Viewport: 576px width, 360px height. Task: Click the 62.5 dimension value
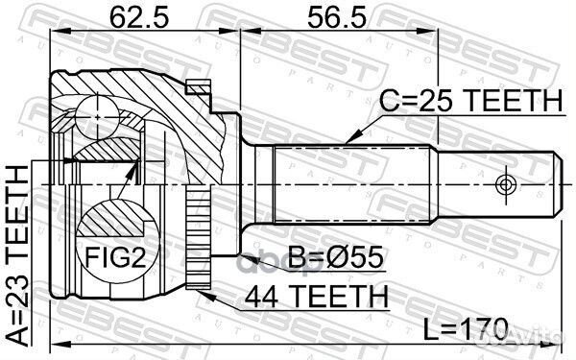pyautogui.click(x=130, y=16)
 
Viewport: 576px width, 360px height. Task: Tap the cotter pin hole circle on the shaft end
pyautogui.click(x=506, y=183)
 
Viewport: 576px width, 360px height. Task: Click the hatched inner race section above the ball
pyautogui.click(x=106, y=149)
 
